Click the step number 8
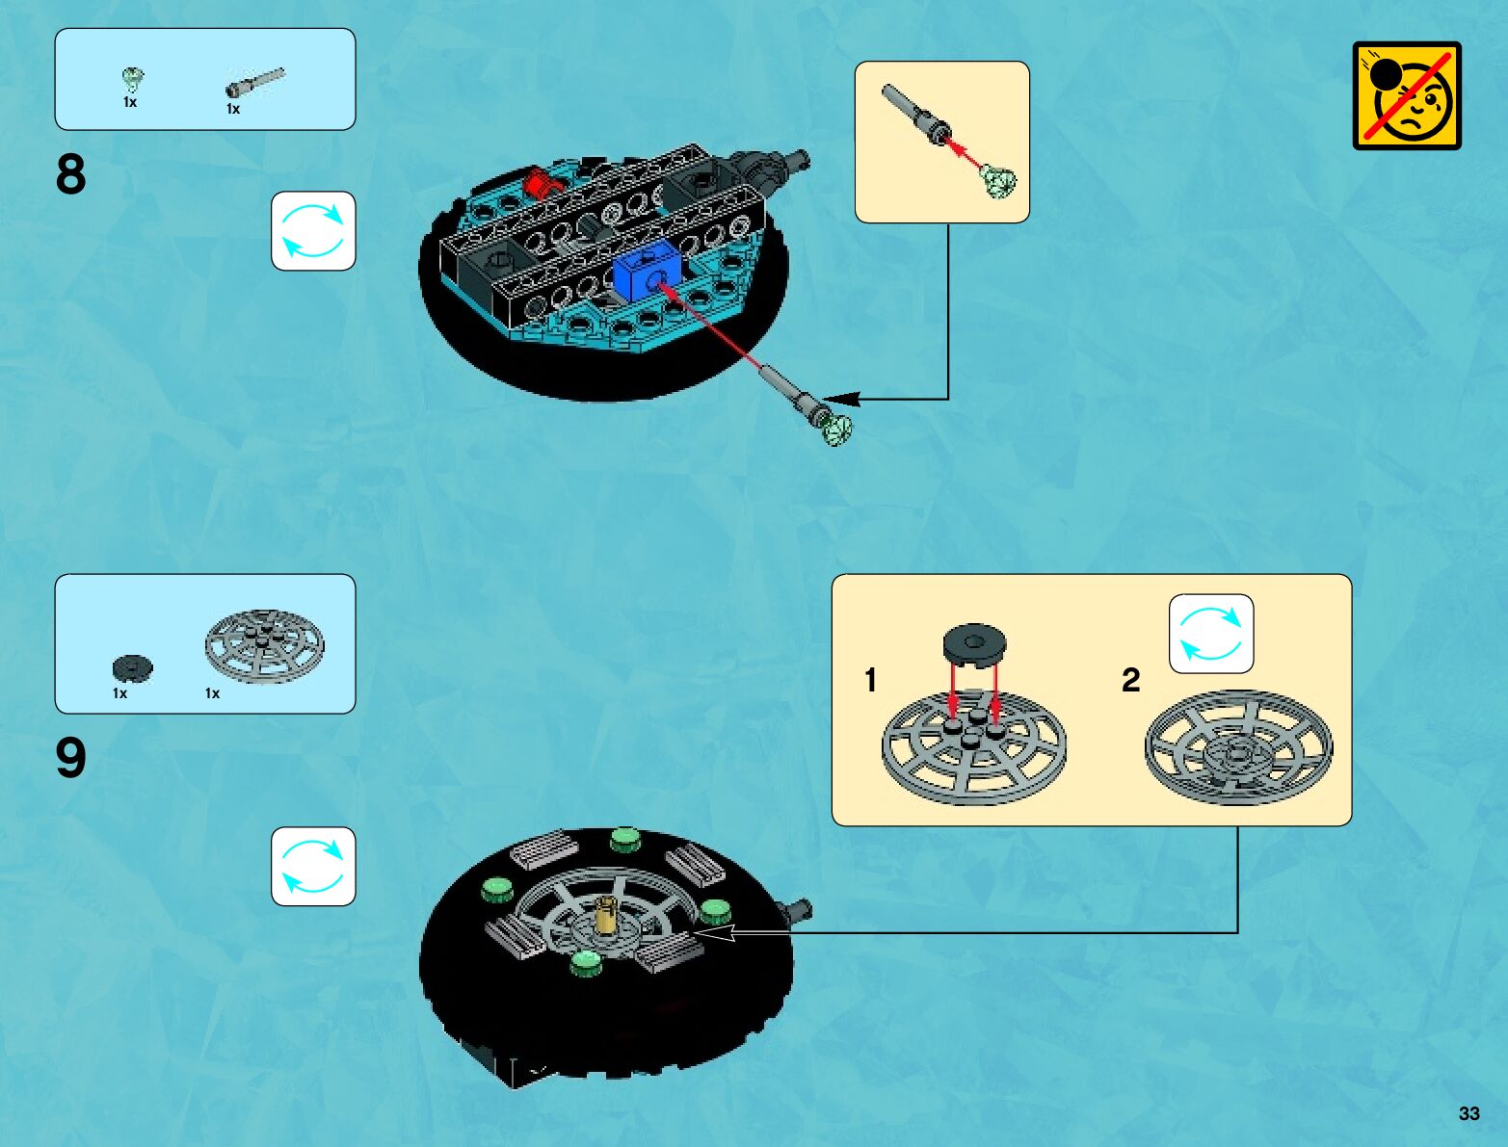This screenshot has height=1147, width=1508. (x=70, y=175)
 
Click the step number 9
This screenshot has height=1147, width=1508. (x=70, y=759)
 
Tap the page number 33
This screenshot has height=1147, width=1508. (x=1468, y=1113)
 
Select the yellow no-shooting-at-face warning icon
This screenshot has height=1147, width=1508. (x=1407, y=95)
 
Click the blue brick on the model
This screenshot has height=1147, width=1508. (x=646, y=272)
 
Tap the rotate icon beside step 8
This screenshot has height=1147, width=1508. (x=312, y=231)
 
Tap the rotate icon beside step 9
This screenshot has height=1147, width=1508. (x=312, y=866)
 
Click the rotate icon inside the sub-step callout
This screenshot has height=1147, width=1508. (x=1211, y=634)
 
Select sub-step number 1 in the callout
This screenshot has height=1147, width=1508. (x=870, y=680)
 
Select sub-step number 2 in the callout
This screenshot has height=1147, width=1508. (x=1130, y=680)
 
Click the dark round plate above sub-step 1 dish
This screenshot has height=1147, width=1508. (x=974, y=643)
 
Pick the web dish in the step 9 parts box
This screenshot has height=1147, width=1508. (x=264, y=645)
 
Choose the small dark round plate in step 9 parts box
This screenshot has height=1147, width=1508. (x=132, y=666)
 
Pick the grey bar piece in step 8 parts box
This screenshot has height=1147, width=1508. (x=254, y=84)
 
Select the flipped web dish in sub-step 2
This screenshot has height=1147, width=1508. (x=1238, y=746)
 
